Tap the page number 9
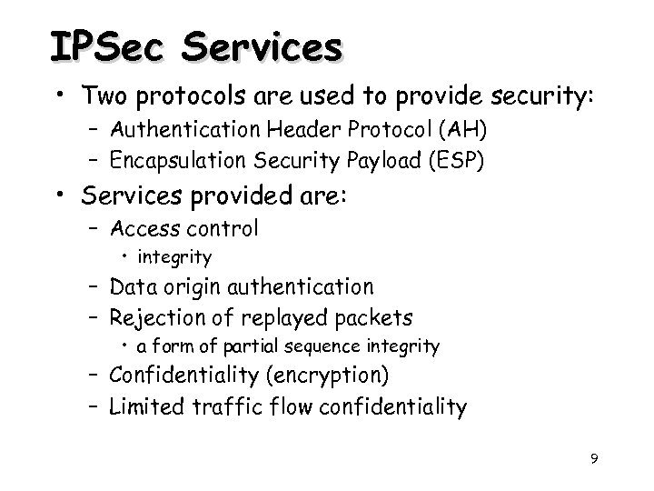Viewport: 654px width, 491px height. click(593, 459)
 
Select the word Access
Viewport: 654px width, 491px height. click(144, 228)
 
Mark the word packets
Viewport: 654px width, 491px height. click(372, 319)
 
